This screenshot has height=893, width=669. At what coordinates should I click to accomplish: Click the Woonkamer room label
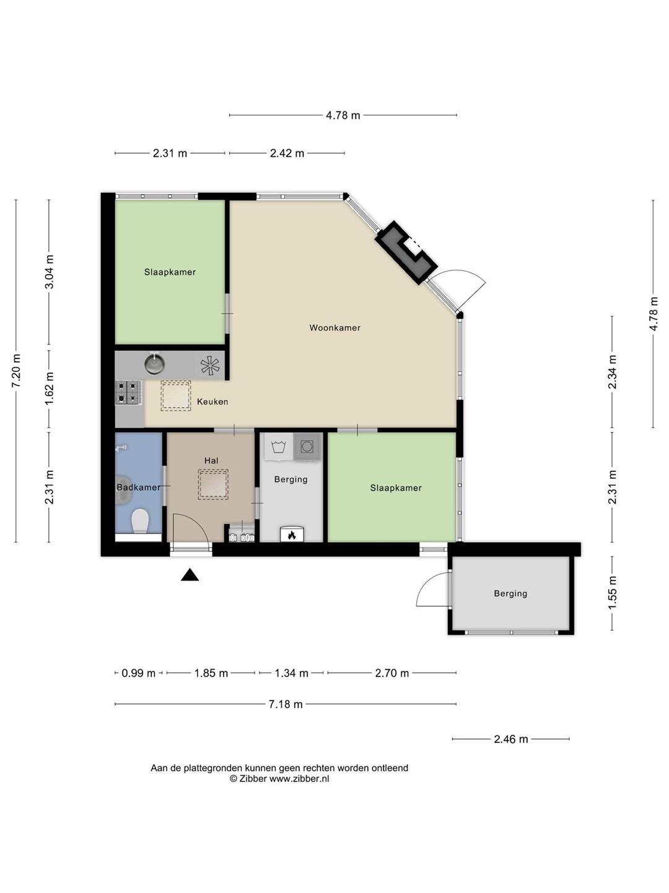[334, 327]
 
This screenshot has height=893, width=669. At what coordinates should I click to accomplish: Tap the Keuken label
[212, 402]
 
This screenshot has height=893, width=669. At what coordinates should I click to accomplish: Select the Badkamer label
[139, 487]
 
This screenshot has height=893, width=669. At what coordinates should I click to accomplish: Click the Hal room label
[211, 461]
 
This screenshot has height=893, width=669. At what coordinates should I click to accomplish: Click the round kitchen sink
[155, 363]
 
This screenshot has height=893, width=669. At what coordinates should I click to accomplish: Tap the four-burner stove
[129, 392]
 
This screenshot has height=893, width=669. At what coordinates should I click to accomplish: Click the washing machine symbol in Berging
[279, 446]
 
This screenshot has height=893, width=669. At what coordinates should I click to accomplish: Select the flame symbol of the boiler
[292, 535]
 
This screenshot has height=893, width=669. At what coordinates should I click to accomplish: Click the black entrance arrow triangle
[190, 575]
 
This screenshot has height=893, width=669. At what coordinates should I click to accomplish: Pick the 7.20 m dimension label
[16, 371]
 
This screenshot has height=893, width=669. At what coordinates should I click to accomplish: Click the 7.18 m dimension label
[286, 704]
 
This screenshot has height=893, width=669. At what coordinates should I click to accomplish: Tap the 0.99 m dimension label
[139, 673]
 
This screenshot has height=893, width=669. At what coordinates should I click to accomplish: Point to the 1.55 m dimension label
[612, 593]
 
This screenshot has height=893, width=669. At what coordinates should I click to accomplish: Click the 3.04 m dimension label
[49, 272]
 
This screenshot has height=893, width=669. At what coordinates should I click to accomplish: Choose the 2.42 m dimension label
[287, 153]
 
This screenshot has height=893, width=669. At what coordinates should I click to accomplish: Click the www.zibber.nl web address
[299, 779]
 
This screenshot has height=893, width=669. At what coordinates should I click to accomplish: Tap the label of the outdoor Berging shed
[510, 593]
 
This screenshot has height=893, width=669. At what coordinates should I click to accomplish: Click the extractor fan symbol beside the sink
[210, 365]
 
